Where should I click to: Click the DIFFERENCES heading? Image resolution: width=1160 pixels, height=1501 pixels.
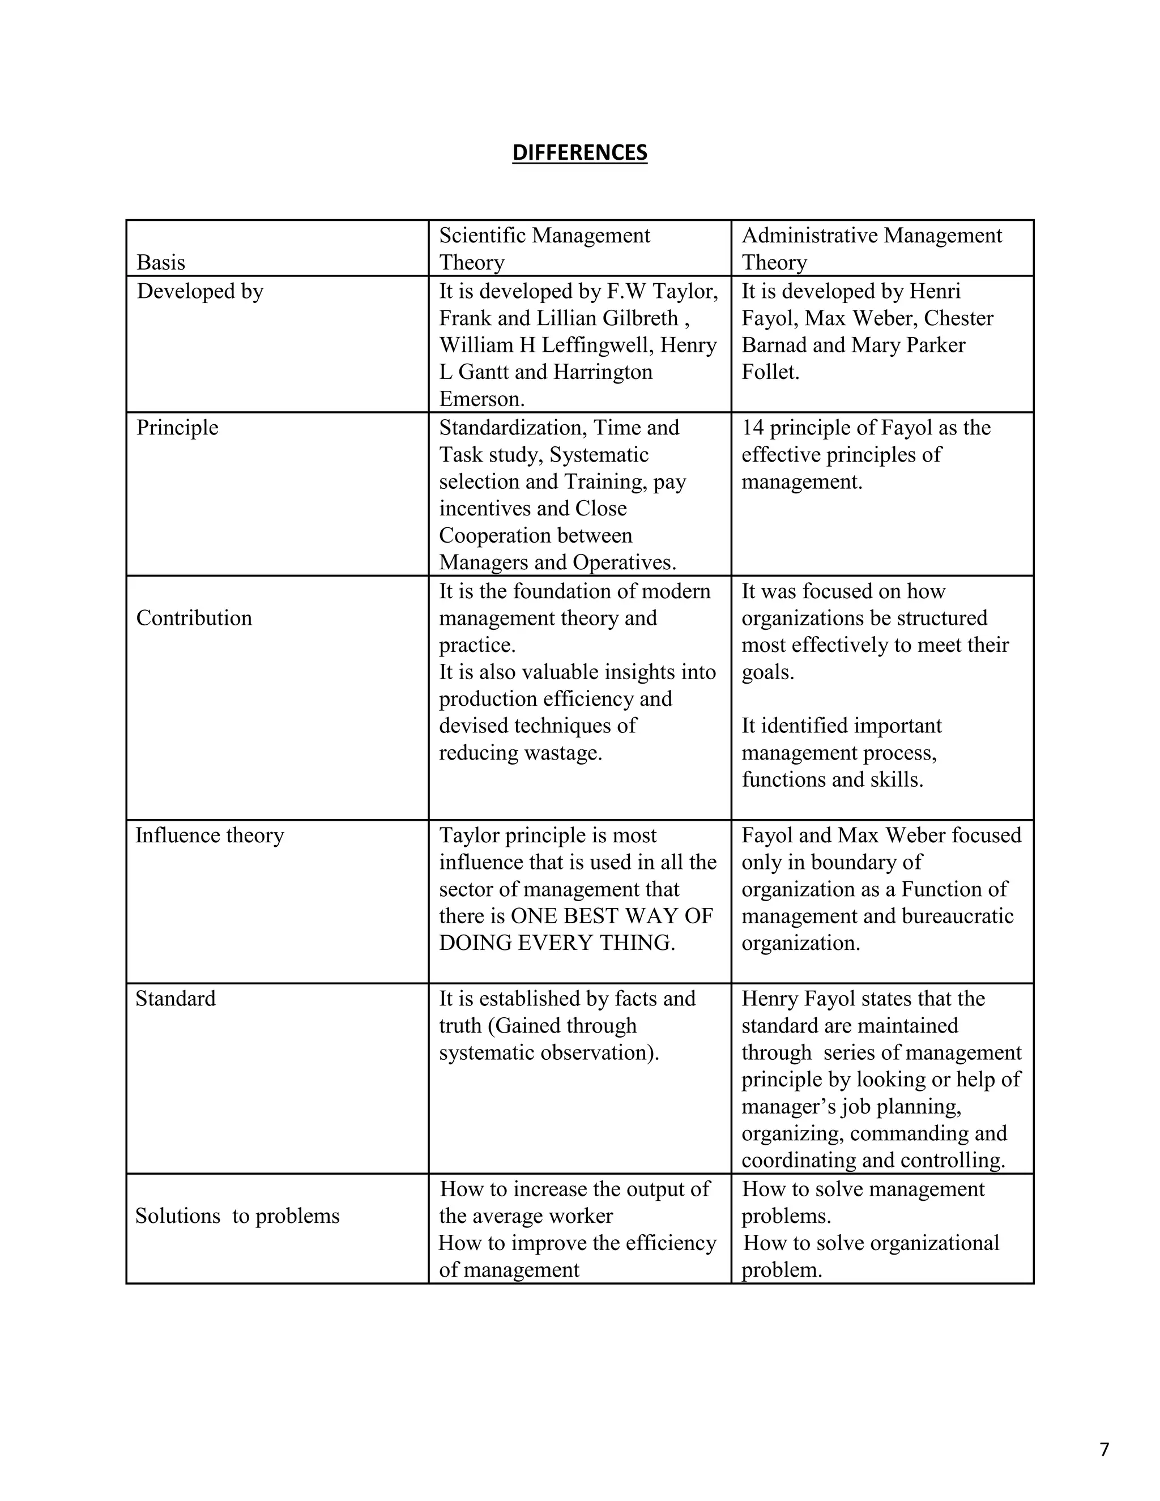579,152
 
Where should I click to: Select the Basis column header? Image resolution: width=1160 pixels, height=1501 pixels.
161,263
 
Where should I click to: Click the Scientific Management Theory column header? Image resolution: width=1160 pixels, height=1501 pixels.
544,249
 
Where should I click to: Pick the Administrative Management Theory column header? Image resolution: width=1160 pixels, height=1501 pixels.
871,249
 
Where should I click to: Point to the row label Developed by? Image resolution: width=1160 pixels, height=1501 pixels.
200,291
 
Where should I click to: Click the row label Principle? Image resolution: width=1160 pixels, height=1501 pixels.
177,428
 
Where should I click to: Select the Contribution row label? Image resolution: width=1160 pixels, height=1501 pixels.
194,618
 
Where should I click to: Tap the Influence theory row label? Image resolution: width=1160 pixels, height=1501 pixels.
210,835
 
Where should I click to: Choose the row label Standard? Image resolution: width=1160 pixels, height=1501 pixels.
175,998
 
